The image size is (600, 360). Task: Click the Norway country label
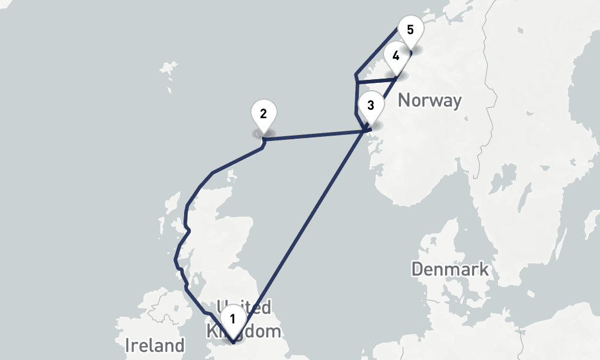coord(430,100)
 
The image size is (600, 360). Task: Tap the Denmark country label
coord(450,269)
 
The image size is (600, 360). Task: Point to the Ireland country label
coord(154,345)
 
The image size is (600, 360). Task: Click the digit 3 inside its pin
coord(370,105)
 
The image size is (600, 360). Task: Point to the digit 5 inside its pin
coord(410,29)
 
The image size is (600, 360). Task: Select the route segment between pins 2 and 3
coord(312,135)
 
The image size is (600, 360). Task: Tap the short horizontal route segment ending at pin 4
coord(375,80)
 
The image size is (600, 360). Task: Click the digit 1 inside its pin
coord(232,317)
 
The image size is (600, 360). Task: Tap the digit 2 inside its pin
coord(263,112)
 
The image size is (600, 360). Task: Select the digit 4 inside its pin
coord(395,56)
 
